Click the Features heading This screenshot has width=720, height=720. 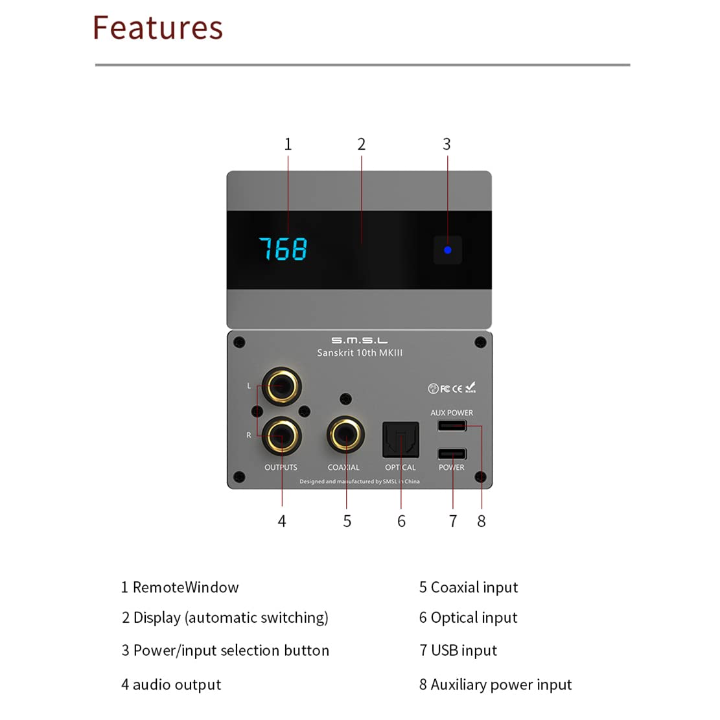[157, 28]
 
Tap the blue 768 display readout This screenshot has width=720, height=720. [283, 249]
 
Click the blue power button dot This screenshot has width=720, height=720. [447, 250]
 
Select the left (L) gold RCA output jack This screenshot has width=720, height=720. [281, 386]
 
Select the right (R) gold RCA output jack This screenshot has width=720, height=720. [282, 436]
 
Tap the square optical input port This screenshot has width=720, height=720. [401, 439]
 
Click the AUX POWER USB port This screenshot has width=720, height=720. [452, 426]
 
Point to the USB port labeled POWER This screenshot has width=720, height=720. [452, 454]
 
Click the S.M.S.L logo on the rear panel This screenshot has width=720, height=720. [359, 340]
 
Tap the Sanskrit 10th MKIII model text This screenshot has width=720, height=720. [360, 353]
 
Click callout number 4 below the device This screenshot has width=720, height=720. [282, 521]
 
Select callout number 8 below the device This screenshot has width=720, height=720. [482, 521]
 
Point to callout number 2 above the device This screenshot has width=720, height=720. [362, 145]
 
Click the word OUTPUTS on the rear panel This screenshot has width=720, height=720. [281, 467]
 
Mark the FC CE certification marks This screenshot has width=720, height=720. [452, 388]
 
